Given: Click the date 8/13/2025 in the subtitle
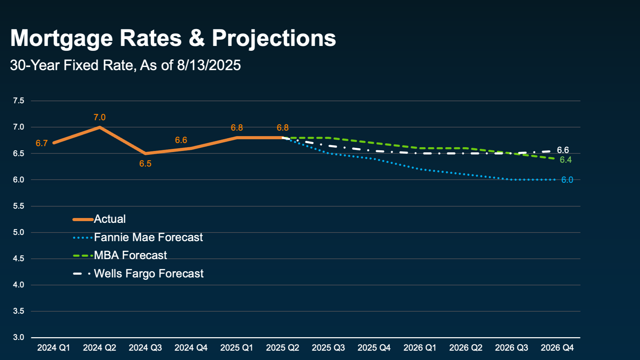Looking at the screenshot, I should click(x=209, y=65).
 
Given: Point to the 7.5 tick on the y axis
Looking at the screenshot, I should click(x=19, y=101).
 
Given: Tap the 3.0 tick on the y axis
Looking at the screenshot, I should click(x=19, y=337).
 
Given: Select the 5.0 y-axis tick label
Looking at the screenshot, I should click(x=19, y=232).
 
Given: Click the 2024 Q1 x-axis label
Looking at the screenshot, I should click(x=54, y=348).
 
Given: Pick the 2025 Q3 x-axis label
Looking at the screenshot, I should click(x=328, y=348).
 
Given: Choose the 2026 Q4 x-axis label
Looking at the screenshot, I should click(x=557, y=348).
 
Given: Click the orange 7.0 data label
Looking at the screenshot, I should click(x=99, y=117).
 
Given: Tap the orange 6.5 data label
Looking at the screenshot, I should click(x=145, y=163).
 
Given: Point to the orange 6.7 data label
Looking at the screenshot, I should click(x=41, y=143).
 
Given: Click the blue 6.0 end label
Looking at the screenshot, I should click(x=567, y=180).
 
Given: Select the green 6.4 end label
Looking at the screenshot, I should click(x=566, y=160).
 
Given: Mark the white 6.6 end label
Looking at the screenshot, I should click(x=563, y=150).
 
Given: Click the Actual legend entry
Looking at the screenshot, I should click(x=109, y=219).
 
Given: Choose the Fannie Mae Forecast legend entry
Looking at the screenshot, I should click(x=148, y=237).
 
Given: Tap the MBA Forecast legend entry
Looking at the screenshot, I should click(x=130, y=255).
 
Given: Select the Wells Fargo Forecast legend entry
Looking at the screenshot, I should click(x=149, y=274).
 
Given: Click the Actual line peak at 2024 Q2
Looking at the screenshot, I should click(x=99, y=127).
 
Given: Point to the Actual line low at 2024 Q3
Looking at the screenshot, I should click(x=145, y=153).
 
